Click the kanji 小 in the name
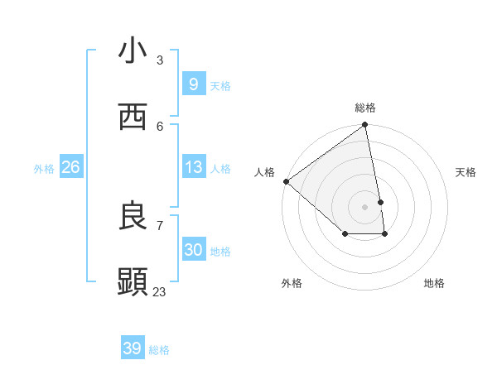pos(133,51)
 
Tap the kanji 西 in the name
pos(133,118)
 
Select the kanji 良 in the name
pos(133,217)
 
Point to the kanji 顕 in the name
pos(133,283)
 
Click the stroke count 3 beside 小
pos(160,60)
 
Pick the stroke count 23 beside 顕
pos(159,291)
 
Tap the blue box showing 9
pos(193,84)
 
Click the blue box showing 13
pos(193,167)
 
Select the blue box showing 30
pos(193,250)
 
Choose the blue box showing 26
pos(70,167)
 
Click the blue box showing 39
pos(132,348)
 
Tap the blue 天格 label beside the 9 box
pos(220,86)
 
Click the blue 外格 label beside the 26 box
pos(44,169)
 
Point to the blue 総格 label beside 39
pos(159,350)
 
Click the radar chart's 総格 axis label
pos(365,108)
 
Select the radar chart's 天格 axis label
pos(466,172)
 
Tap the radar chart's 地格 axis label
pos(434,283)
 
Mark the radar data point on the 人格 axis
pos(286,181)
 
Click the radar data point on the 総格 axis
pos(365,126)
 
